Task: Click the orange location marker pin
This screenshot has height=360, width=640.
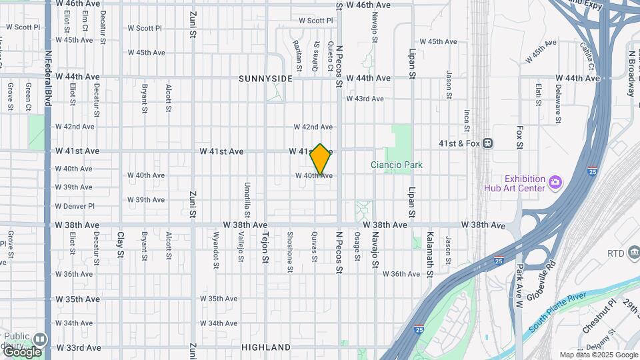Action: click(x=321, y=159)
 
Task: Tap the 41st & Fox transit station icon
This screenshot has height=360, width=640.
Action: click(x=489, y=143)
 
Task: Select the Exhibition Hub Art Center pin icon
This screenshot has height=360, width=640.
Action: click(x=555, y=181)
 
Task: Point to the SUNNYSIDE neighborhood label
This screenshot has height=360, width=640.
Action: click(x=266, y=79)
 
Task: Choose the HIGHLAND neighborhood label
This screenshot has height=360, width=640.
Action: click(x=266, y=347)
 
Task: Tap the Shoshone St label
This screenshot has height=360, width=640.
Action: click(x=290, y=251)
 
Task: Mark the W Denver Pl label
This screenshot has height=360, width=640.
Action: click(x=75, y=206)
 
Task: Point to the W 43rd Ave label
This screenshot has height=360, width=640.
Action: click(x=365, y=99)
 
